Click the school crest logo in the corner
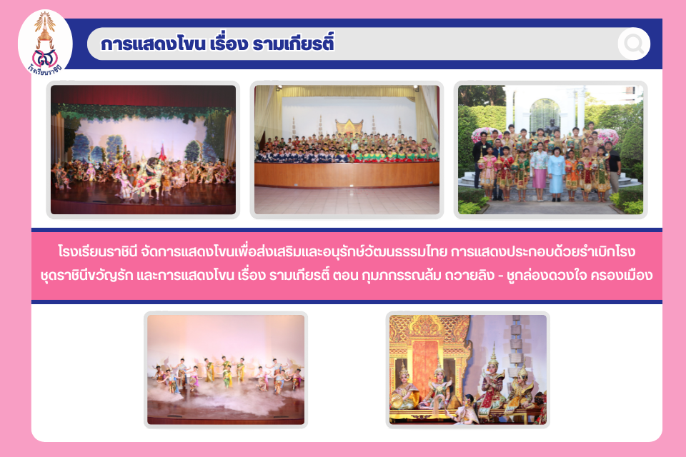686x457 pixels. (x=45, y=43)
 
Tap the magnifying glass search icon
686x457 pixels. (x=634, y=44)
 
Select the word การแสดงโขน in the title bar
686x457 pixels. (x=153, y=44)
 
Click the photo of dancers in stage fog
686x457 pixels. (x=226, y=370)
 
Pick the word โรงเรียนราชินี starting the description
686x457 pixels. (x=98, y=252)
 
